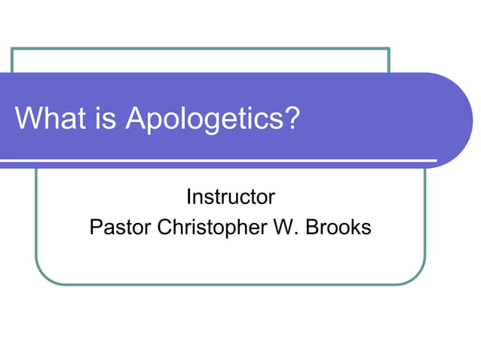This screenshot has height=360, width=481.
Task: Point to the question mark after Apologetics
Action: (291, 118)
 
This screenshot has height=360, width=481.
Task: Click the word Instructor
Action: (230, 197)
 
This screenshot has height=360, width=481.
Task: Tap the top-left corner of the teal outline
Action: (12, 49)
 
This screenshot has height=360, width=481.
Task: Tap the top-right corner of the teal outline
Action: (389, 49)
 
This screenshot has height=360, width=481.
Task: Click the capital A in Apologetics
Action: (135, 118)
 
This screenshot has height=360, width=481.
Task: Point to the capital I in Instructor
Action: (188, 197)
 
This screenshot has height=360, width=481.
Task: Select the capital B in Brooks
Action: (311, 227)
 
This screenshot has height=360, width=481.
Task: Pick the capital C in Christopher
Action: (164, 227)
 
